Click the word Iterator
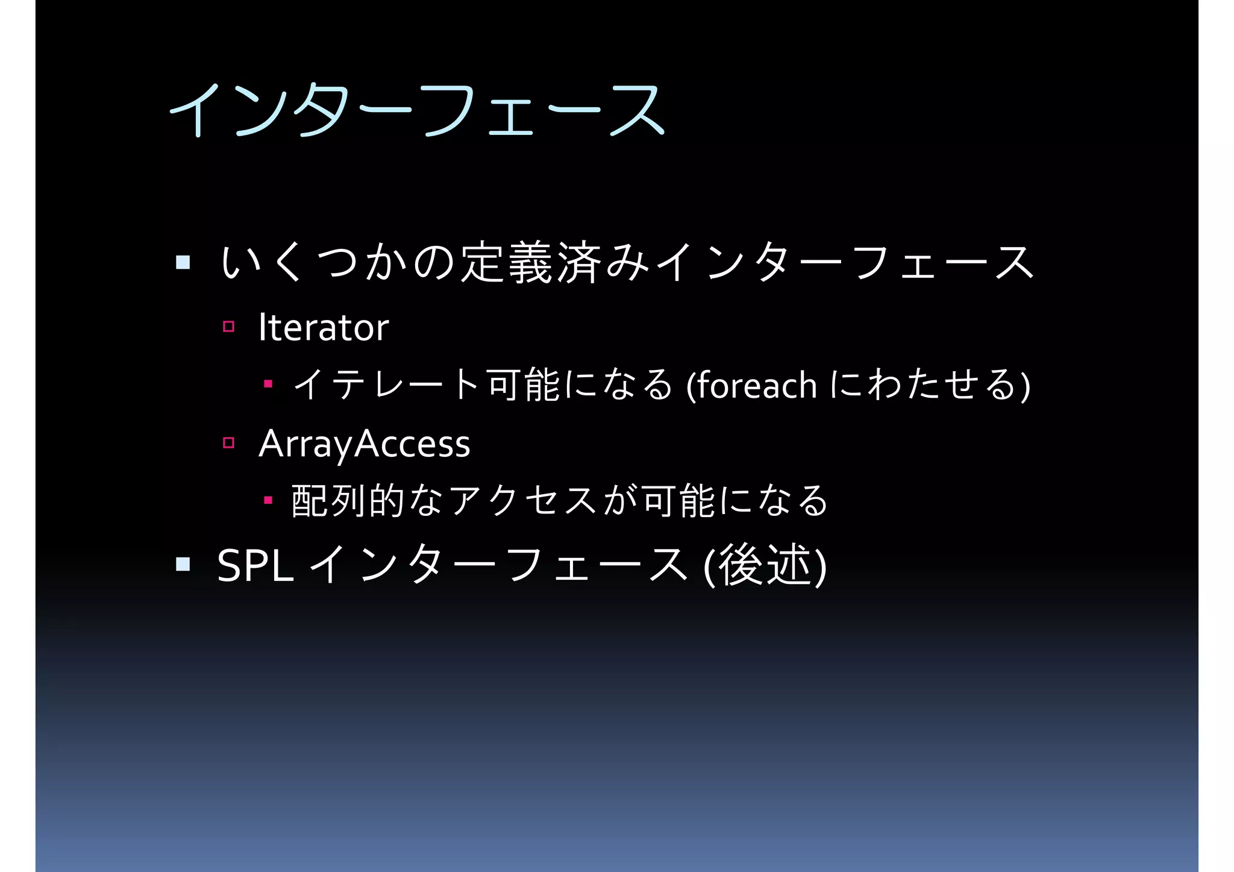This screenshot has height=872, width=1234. [x=324, y=328]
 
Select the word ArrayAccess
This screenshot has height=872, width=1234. [x=364, y=444]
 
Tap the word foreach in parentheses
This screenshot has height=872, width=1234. [x=757, y=386]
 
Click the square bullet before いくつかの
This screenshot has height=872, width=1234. [x=183, y=262]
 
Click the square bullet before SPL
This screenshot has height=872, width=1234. [x=183, y=564]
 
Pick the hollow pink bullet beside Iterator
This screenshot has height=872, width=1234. [x=228, y=327]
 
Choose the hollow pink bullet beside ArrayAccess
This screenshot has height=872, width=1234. [x=228, y=443]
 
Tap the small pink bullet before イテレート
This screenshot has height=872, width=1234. [x=268, y=384]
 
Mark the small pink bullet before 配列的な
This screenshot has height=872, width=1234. [x=268, y=500]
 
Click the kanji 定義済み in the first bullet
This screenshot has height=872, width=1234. [x=554, y=263]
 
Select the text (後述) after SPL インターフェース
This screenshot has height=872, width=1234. [x=765, y=565]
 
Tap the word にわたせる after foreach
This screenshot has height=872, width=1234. [x=922, y=384]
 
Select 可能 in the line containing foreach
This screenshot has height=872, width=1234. [x=524, y=384]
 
